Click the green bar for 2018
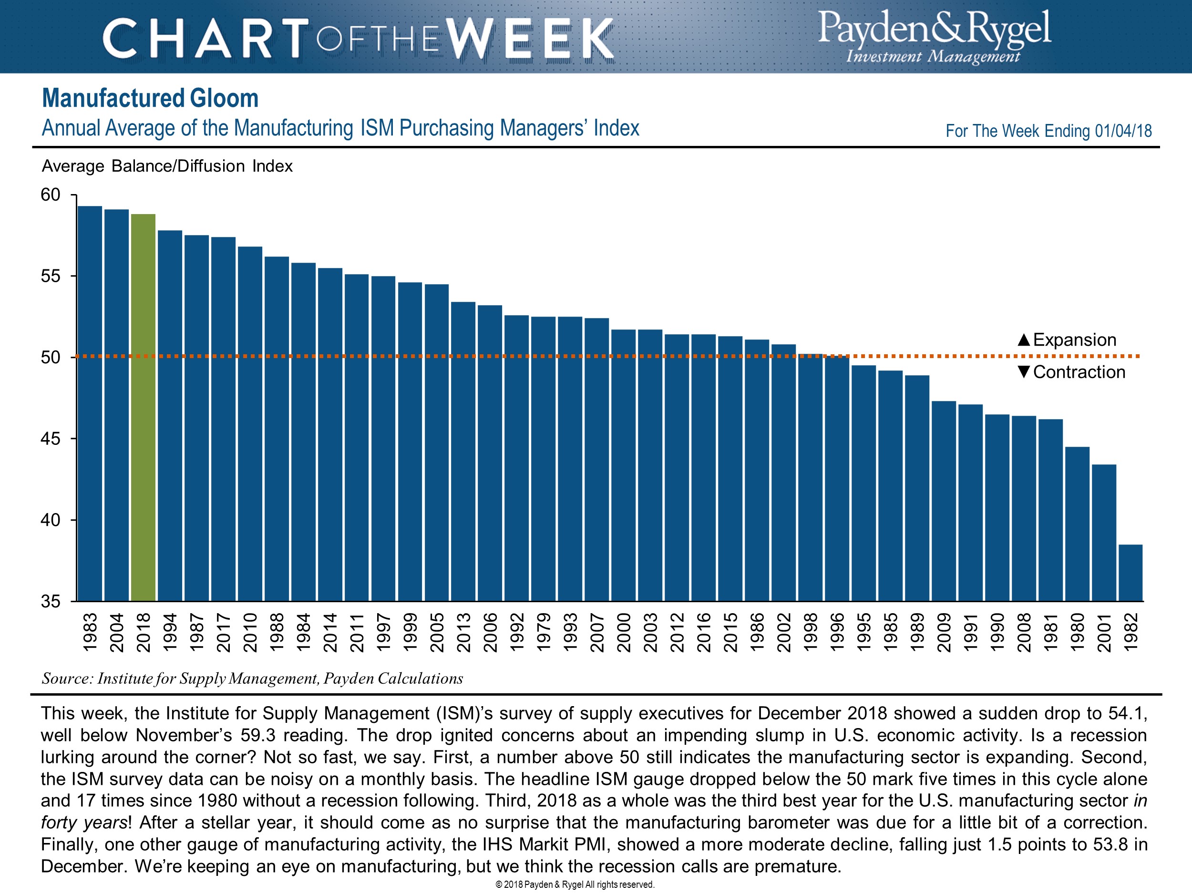click(x=143, y=407)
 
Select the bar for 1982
click(x=1130, y=572)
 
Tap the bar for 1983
click(x=90, y=403)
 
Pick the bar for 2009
click(x=944, y=501)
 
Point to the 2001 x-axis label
click(x=1104, y=632)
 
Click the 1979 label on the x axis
click(x=543, y=632)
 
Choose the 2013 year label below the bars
click(x=463, y=632)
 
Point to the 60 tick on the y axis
click(x=51, y=195)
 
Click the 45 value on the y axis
click(x=51, y=439)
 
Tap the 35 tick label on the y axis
click(x=51, y=601)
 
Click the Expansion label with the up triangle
click(x=1067, y=340)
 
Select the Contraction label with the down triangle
click(x=1071, y=372)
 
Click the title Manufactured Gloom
click(x=150, y=99)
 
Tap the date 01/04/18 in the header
click(x=1123, y=131)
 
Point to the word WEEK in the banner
click(x=531, y=39)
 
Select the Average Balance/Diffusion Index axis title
click(x=167, y=166)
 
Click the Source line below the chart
click(x=252, y=678)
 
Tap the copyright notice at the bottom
click(x=575, y=884)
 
